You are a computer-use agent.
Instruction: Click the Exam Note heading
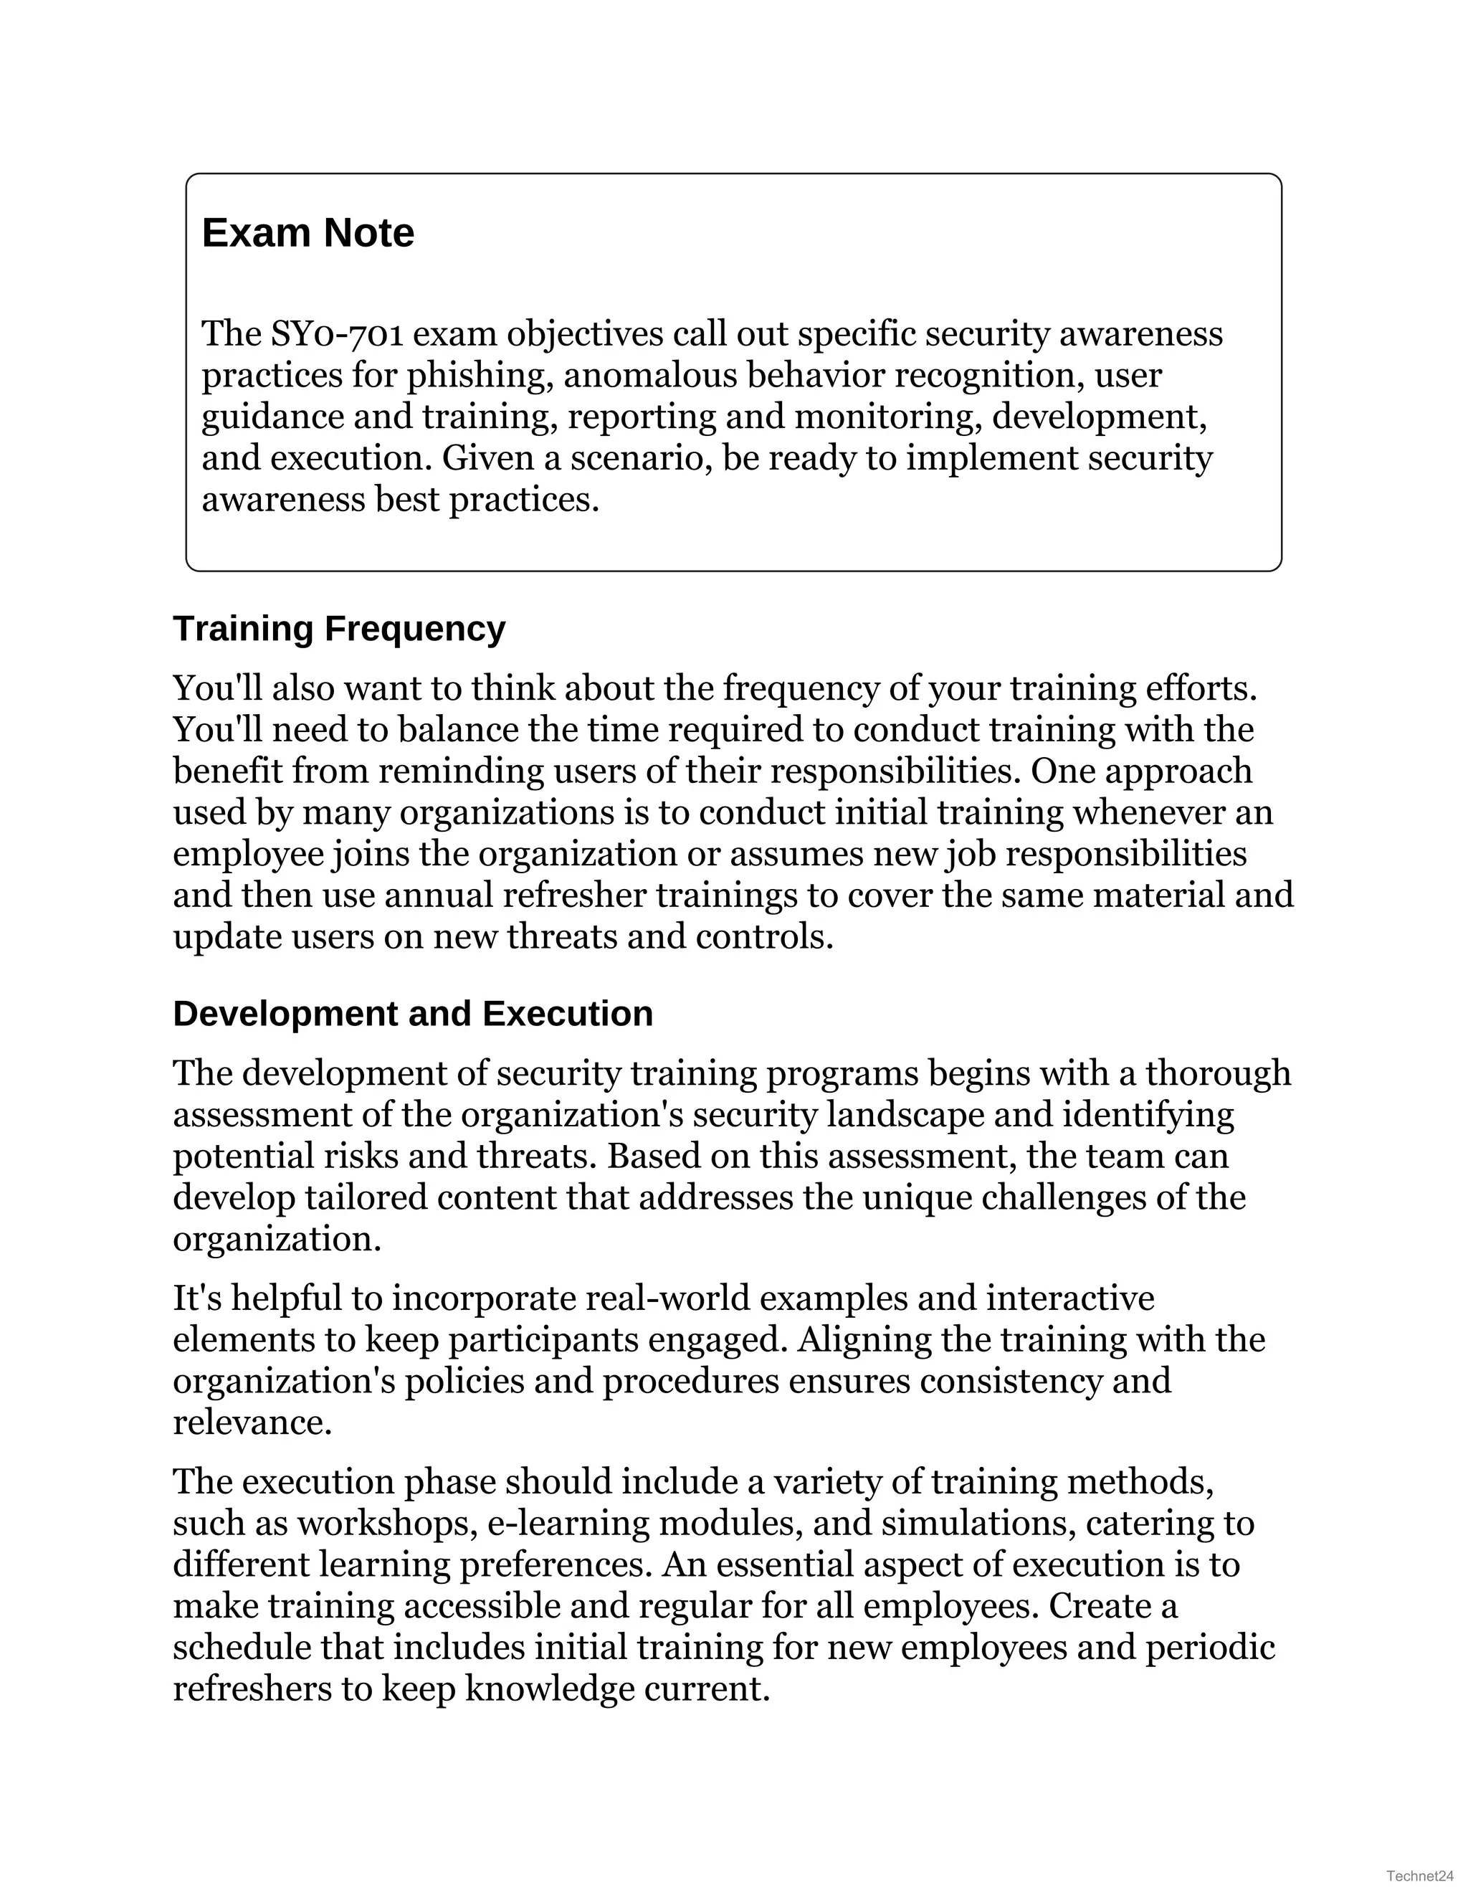pos(308,233)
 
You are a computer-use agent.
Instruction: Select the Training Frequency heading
pos(338,629)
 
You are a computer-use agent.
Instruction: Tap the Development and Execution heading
pos(412,1015)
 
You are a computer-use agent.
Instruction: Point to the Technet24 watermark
pos(1420,1875)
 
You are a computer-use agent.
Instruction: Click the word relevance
pos(252,1422)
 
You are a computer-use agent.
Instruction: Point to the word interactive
pos(1069,1298)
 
